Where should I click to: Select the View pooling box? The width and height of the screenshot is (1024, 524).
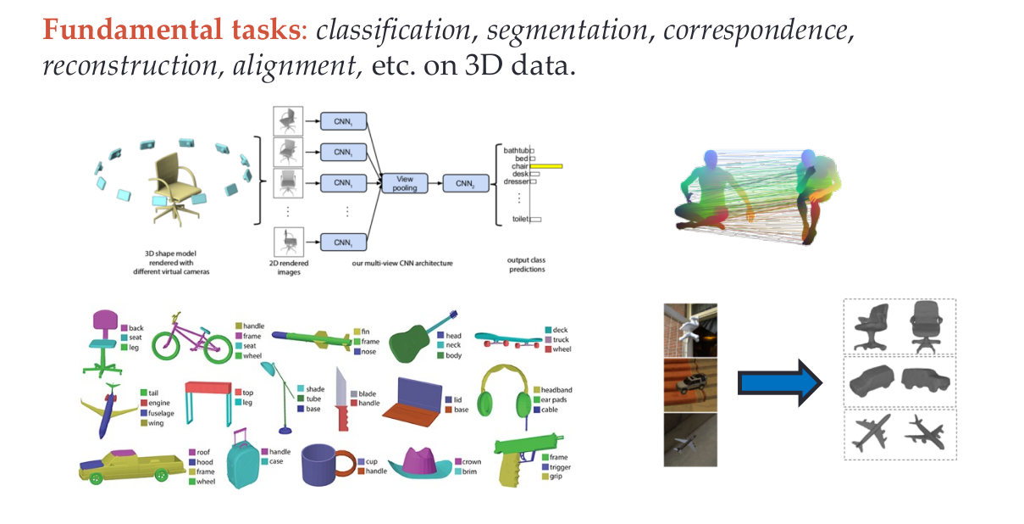pos(405,182)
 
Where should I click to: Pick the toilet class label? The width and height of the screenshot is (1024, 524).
pos(521,219)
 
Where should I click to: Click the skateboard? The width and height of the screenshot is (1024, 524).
pos(508,338)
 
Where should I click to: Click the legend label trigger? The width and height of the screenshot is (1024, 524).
pos(559,466)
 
